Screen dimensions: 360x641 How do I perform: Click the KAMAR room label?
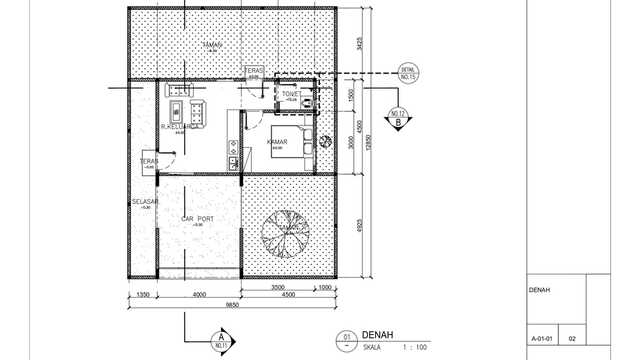coord(277,142)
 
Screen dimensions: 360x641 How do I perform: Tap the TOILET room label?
coord(291,94)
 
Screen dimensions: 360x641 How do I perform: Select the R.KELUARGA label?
coord(180,126)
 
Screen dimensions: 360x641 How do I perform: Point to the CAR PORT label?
coord(198,218)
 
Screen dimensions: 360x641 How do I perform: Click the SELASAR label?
coord(145,202)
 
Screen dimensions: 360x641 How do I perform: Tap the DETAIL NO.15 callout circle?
coord(409,73)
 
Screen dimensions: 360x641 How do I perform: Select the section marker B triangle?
coord(398,120)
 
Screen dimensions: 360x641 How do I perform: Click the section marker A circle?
coord(221,341)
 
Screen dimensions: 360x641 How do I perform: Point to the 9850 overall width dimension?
coord(231,305)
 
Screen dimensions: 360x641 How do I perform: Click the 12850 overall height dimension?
coord(369,144)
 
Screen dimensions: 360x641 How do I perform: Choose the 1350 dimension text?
coord(142,294)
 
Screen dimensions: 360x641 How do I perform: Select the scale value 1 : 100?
coord(414,347)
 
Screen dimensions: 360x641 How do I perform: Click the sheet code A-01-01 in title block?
coord(542,339)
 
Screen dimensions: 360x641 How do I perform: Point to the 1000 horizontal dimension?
coord(325,288)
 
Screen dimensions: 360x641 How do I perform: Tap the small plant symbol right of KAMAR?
coord(325,141)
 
